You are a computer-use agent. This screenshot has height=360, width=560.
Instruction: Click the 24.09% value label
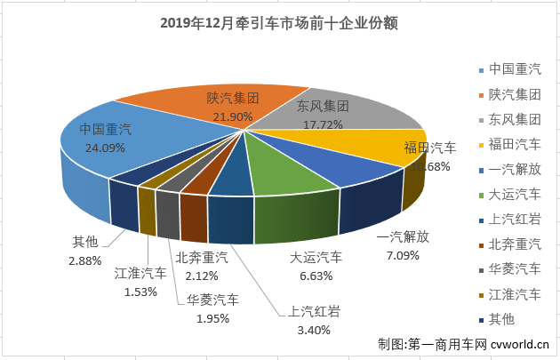pos(105,148)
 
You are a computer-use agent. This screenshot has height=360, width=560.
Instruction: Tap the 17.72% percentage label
pos(322,124)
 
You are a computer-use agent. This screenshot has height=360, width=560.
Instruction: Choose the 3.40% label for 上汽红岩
pos(312,330)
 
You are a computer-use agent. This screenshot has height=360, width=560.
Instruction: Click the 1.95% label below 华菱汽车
pos(212,318)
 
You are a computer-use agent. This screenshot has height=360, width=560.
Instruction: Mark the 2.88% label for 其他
pos(86,260)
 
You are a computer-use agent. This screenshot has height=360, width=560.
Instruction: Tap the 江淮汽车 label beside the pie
pos(140,273)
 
